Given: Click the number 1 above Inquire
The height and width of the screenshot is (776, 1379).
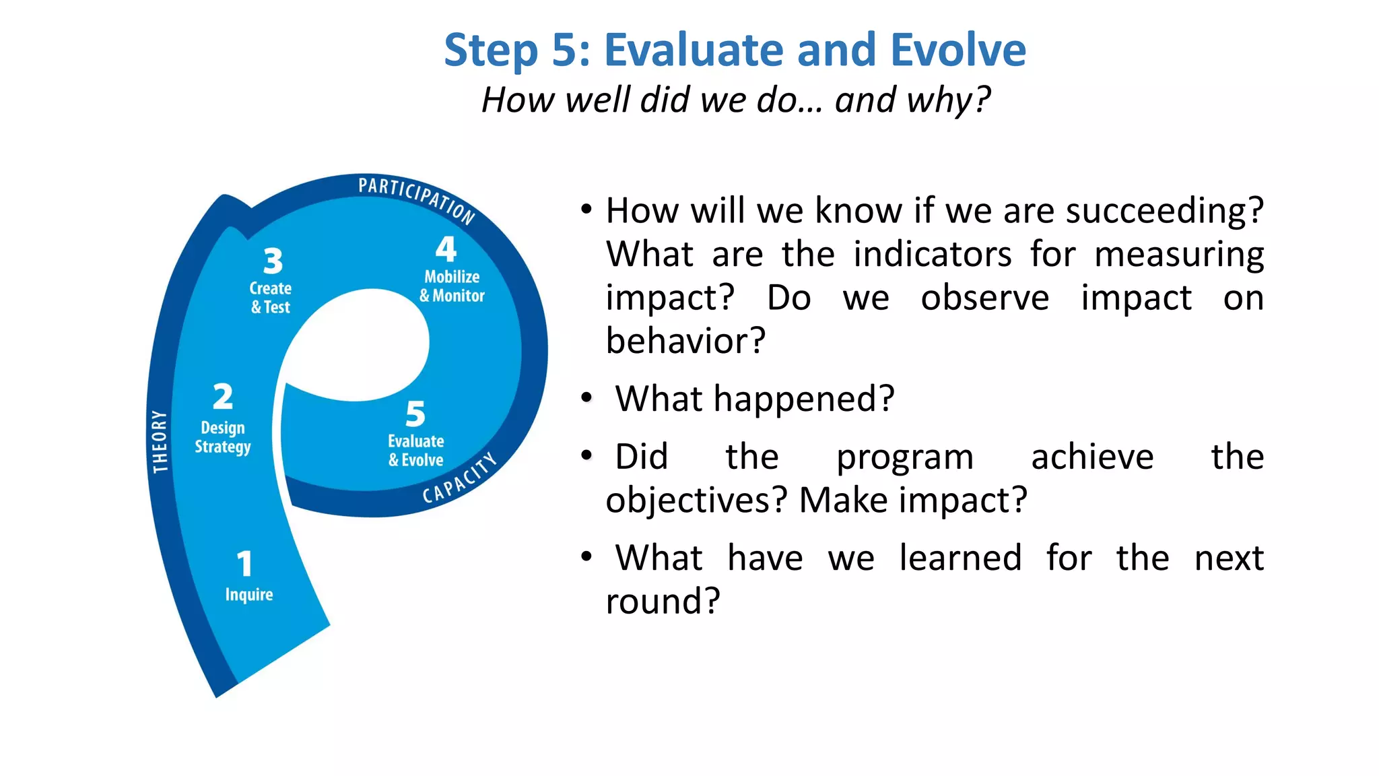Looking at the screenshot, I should pyautogui.click(x=244, y=564).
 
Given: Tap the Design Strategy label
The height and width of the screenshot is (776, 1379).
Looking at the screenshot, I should pyautogui.click(x=223, y=437).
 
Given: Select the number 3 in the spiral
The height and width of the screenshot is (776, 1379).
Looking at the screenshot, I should pyautogui.click(x=273, y=261).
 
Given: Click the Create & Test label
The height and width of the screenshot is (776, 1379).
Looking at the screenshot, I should pyautogui.click(x=271, y=297).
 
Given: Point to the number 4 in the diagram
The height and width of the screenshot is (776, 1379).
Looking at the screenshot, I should pyautogui.click(x=446, y=249).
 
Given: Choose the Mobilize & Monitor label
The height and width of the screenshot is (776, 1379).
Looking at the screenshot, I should pyautogui.click(x=452, y=286).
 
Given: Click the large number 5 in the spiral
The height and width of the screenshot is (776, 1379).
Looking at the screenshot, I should pyautogui.click(x=415, y=414).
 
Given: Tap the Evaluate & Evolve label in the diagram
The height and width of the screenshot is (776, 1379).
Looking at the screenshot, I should pyautogui.click(x=416, y=451).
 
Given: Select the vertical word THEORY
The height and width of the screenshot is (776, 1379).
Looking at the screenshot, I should pyautogui.click(x=160, y=441).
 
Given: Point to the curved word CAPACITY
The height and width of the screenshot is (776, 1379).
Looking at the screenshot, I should pyautogui.click(x=459, y=479).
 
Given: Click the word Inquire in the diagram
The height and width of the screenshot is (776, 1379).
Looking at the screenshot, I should pyautogui.click(x=249, y=595).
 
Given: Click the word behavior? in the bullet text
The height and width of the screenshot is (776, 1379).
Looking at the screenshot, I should pyautogui.click(x=685, y=341).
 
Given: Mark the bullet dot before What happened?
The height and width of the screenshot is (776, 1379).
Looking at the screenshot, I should pyautogui.click(x=586, y=398).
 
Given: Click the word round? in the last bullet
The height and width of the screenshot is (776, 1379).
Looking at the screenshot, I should pyautogui.click(x=663, y=602).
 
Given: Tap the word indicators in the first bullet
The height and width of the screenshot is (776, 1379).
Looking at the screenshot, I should pyautogui.click(x=932, y=255).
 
